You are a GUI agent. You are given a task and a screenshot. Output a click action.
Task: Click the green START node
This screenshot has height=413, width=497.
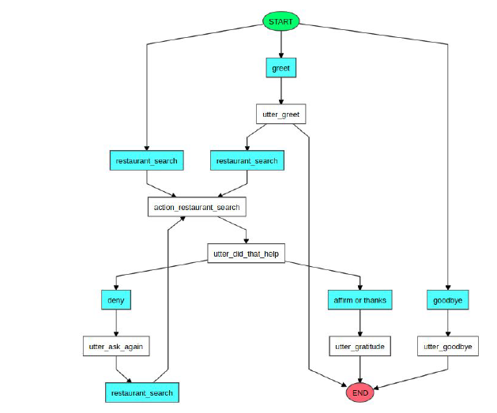point(281,21)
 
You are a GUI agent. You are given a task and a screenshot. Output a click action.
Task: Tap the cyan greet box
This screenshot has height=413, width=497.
point(281,69)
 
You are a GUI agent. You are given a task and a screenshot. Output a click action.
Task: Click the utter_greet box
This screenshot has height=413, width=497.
point(281,115)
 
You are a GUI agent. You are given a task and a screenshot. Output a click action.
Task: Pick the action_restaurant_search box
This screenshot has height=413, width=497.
point(197,207)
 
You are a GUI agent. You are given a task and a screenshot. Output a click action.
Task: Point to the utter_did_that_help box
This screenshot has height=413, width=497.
point(246,253)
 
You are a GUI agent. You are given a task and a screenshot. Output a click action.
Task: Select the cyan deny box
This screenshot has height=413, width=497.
point(116,300)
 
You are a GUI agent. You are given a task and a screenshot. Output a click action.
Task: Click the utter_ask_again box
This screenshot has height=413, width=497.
point(116,346)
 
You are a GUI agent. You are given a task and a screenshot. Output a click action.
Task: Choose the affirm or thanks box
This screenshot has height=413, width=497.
point(360,300)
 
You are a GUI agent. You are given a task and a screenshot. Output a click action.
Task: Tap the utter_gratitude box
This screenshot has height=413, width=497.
point(360,346)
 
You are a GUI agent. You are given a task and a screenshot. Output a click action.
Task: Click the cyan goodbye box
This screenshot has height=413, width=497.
point(448,300)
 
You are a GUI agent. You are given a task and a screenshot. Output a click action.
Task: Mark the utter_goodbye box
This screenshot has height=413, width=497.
point(448,346)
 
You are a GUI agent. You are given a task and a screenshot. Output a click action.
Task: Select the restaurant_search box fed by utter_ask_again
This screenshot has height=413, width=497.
point(140,392)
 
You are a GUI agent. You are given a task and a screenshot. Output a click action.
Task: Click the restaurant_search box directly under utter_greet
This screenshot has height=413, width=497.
point(246,161)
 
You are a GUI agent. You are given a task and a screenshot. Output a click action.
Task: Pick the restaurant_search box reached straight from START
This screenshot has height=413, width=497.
point(147,161)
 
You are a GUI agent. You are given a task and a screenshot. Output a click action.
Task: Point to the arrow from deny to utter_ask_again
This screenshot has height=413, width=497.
point(116,323)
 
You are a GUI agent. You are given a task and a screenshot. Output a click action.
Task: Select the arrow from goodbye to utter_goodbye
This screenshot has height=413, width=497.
point(448,323)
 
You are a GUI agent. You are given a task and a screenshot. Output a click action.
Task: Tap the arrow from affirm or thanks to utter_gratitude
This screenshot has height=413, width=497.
point(360,323)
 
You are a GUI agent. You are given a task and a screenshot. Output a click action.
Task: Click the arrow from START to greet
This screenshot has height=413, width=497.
point(281,44)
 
